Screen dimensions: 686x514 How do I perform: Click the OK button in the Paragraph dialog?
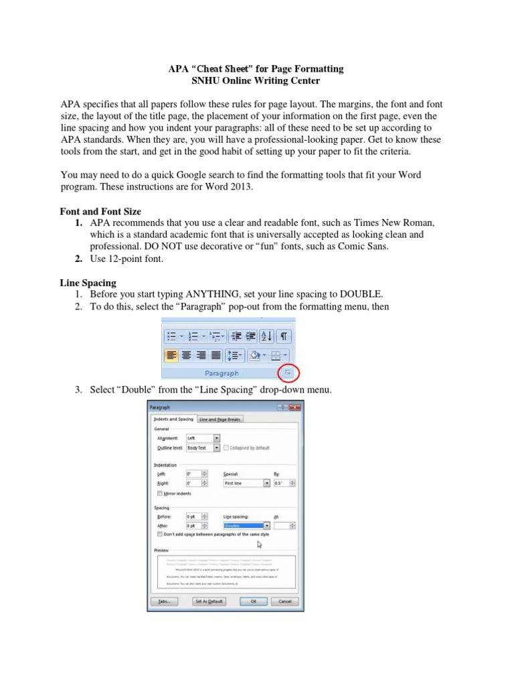[x=253, y=602]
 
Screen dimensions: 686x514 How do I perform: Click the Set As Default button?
[x=209, y=602]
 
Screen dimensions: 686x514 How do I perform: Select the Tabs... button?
[x=165, y=602]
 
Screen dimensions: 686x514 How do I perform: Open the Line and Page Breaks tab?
[x=220, y=419]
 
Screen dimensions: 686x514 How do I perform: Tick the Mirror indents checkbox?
[x=159, y=494]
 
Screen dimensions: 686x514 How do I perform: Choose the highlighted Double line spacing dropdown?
[x=246, y=526]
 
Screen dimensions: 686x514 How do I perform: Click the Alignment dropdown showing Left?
[x=202, y=438]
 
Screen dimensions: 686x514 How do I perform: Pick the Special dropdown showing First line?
[x=246, y=482]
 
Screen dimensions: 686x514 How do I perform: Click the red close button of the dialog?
[x=296, y=407]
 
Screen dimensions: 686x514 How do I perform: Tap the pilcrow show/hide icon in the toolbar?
[x=284, y=336]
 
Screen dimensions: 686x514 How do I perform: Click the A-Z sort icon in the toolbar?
[x=266, y=336]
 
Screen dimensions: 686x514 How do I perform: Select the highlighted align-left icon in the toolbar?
[x=172, y=354]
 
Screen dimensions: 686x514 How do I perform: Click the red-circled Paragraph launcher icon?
[x=288, y=372]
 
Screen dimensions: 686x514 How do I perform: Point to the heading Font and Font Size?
[x=100, y=211]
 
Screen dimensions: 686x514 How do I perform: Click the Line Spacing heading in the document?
[x=88, y=283]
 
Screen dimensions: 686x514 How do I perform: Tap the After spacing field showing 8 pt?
[x=197, y=526]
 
